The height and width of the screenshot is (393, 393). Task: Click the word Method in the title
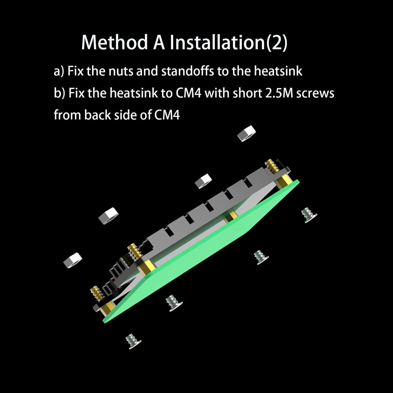114,42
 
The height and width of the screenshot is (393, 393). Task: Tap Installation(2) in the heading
228,43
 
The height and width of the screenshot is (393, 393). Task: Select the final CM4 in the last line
167,115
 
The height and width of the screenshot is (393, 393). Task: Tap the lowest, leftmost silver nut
73,261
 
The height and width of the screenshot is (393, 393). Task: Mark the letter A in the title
159,42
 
